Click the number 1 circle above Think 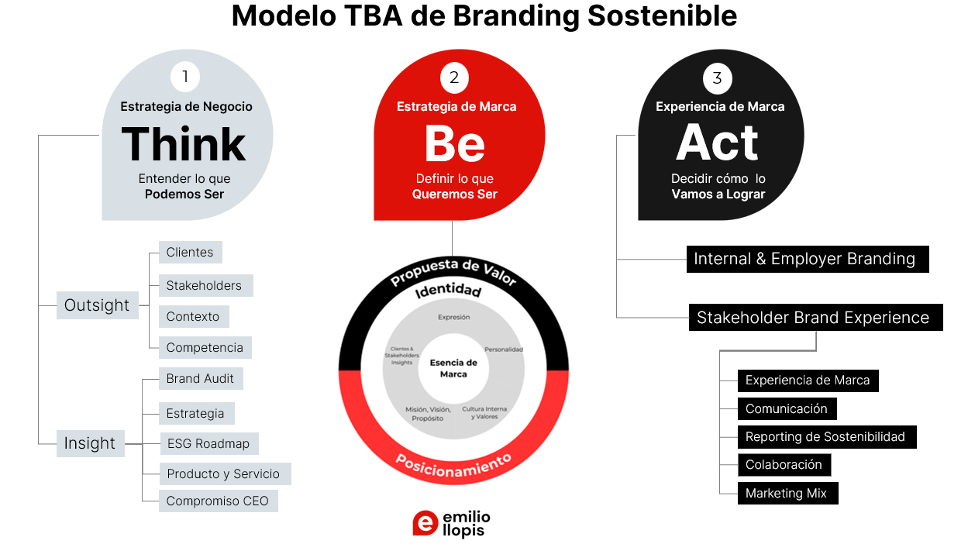[185, 77]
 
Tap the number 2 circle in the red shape [454, 77]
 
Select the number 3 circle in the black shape [718, 77]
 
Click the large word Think [184, 145]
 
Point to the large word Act [717, 143]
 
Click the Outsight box [97, 305]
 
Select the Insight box [90, 443]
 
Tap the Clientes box [190, 253]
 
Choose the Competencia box [205, 348]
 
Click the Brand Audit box [200, 379]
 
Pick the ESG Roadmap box [208, 444]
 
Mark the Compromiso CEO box [217, 501]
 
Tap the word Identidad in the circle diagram [448, 291]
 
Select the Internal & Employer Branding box [807, 260]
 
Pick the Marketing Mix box [787, 494]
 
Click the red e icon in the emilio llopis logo [425, 523]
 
